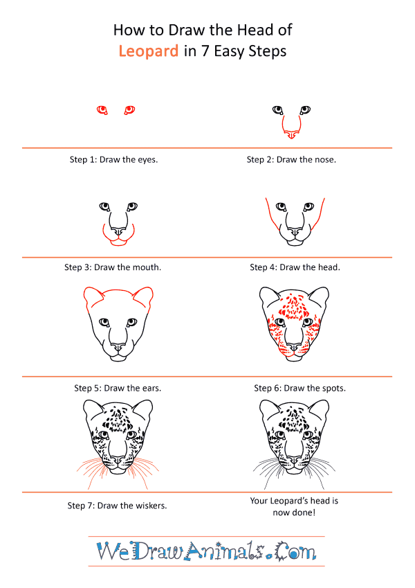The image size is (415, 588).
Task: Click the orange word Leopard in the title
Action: click(x=148, y=51)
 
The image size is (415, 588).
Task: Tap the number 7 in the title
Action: click(x=205, y=51)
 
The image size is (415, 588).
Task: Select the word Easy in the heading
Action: click(x=230, y=51)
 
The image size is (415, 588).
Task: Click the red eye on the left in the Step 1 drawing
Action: click(x=102, y=110)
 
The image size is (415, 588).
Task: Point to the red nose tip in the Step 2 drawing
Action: click(x=291, y=134)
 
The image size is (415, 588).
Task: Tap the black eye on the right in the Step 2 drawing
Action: click(x=305, y=109)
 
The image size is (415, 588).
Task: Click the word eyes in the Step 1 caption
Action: click(x=147, y=160)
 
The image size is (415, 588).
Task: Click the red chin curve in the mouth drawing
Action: click(x=118, y=242)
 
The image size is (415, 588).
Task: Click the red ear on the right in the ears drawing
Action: click(x=144, y=296)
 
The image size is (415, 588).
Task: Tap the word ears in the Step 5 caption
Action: click(x=151, y=388)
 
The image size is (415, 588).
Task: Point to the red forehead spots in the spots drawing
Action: click(x=295, y=306)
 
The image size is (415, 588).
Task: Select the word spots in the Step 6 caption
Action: click(x=333, y=389)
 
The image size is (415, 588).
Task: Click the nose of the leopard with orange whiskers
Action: click(x=118, y=460)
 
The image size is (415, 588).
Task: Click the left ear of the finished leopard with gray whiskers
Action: click(x=268, y=410)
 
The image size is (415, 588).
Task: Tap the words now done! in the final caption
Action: click(x=294, y=513)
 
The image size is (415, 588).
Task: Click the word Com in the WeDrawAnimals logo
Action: click(x=295, y=551)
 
